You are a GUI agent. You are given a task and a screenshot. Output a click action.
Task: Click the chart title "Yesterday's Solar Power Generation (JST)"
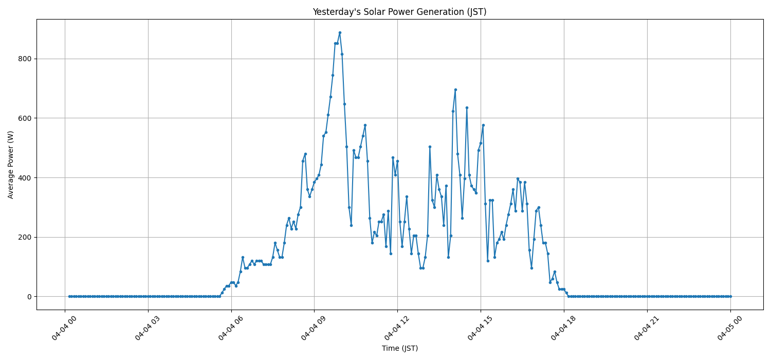point(399,12)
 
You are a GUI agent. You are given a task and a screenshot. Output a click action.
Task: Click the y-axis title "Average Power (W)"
point(11,165)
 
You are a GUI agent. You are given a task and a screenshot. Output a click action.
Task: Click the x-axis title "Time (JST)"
point(399,348)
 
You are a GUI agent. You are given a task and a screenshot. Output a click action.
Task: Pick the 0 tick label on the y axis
point(29,297)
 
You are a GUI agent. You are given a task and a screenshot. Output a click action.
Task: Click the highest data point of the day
point(340,32)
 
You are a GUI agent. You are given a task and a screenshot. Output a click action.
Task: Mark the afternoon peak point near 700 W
point(455,89)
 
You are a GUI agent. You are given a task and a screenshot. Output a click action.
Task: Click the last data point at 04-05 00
point(730,296)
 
